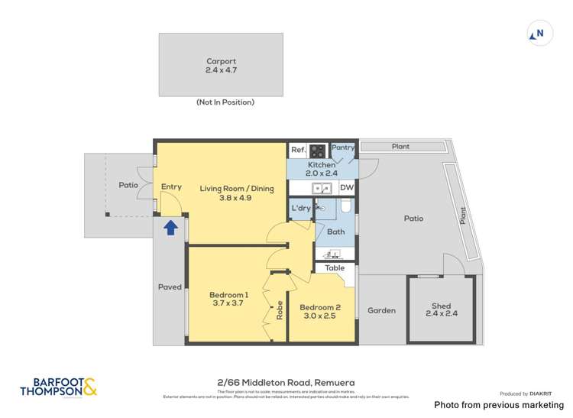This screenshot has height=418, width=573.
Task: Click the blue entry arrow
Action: (x=170, y=227)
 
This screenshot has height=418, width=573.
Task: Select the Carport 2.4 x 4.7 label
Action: (x=221, y=66)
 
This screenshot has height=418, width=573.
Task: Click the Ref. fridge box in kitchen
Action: (x=297, y=151)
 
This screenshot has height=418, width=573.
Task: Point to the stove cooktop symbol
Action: (x=317, y=151)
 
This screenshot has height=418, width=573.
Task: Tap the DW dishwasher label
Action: (x=346, y=187)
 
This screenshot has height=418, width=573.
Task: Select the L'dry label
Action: (x=299, y=208)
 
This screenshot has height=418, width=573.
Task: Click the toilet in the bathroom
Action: (x=345, y=206)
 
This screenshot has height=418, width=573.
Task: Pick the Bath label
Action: (x=335, y=232)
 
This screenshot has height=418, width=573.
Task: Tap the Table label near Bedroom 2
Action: (x=335, y=268)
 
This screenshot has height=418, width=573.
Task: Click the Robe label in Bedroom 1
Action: (x=280, y=309)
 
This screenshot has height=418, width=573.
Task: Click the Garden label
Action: (x=381, y=310)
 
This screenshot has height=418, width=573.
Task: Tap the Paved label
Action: (x=170, y=287)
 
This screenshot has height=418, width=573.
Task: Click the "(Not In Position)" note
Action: (x=225, y=102)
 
